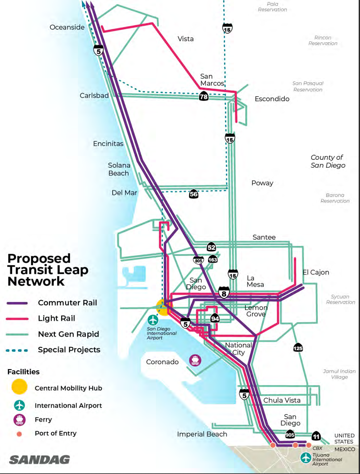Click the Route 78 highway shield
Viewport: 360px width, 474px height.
click(x=204, y=96)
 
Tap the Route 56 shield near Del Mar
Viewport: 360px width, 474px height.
click(x=194, y=194)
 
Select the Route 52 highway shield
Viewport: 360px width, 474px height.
click(x=211, y=247)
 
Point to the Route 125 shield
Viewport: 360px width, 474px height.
click(x=298, y=348)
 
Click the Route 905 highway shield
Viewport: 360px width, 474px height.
click(x=290, y=435)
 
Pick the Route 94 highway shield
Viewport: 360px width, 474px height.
click(x=215, y=318)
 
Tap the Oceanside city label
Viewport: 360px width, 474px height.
click(x=67, y=27)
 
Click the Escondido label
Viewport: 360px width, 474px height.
click(x=272, y=99)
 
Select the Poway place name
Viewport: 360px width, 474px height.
click(x=262, y=183)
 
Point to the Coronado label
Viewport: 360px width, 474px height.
click(x=162, y=362)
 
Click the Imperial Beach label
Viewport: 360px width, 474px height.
click(x=202, y=434)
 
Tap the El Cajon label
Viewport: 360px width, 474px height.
click(x=316, y=272)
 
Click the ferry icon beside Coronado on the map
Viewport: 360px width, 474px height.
click(x=195, y=360)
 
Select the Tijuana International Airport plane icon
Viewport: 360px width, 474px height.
click(x=306, y=458)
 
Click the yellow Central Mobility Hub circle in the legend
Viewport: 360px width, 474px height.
click(x=19, y=387)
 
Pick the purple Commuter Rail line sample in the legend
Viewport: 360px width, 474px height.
click(x=17, y=303)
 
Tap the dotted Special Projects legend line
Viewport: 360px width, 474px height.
click(x=17, y=350)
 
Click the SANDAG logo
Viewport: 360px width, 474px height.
click(x=39, y=460)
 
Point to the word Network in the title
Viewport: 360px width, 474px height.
click(x=36, y=281)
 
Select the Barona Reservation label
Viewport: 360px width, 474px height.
click(x=335, y=198)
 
